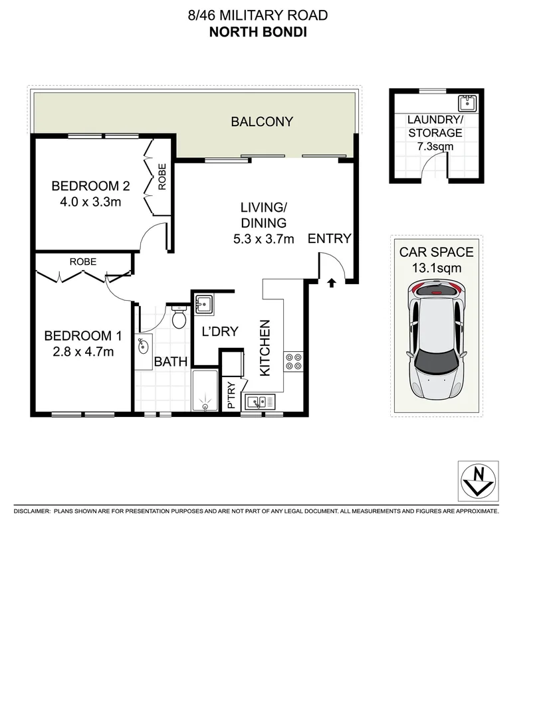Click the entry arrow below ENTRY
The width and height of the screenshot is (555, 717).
click(x=331, y=283)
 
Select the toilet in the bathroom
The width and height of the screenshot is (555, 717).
click(x=179, y=319)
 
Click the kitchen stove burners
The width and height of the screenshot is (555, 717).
click(x=293, y=360)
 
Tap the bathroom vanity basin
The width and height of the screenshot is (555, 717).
click(x=142, y=346)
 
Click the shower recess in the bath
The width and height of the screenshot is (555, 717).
click(x=206, y=392)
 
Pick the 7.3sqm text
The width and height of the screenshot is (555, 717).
click(x=435, y=146)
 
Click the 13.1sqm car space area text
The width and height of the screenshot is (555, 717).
click(x=436, y=268)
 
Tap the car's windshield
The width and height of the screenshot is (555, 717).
click(x=435, y=362)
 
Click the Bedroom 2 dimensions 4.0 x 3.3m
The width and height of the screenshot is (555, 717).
click(x=86, y=202)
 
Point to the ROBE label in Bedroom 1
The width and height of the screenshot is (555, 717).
click(x=83, y=262)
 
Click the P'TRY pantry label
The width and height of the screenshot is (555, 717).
click(x=231, y=396)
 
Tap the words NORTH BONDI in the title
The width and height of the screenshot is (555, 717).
click(x=258, y=31)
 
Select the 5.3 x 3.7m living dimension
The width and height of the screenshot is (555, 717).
click(x=263, y=239)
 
